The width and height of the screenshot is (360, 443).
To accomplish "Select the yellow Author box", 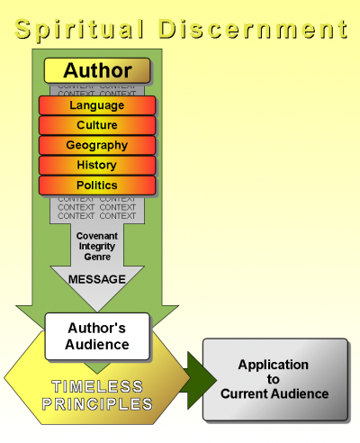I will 96,70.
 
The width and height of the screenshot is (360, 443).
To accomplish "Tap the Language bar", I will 96,105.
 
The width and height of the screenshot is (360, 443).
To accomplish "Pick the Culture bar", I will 96,125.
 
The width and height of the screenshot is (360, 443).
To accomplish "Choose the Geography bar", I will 96,145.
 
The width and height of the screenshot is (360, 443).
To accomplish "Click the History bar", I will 96,166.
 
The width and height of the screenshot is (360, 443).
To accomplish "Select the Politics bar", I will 96,185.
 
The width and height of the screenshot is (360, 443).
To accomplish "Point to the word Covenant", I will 97,236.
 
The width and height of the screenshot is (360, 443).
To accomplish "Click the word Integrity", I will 97,246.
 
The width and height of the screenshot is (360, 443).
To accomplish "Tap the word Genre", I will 97,257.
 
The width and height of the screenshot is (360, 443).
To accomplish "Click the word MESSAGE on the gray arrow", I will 97,279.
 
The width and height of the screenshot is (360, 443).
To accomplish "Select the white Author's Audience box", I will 97,334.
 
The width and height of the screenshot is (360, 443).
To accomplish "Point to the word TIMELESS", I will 96,385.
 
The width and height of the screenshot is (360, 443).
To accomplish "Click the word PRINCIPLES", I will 96,404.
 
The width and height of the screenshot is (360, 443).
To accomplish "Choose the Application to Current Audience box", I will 274,379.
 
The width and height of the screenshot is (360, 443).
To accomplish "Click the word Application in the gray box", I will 273,365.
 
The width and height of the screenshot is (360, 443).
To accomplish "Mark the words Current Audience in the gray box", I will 273,393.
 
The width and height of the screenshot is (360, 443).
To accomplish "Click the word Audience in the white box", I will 97,344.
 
